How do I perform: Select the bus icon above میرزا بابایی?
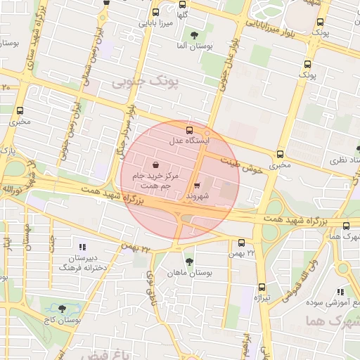(155, 12)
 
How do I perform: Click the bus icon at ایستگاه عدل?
(188, 130)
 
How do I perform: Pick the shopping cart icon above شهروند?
(197, 186)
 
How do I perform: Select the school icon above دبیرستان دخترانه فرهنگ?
(82, 247)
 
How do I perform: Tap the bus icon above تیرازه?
(262, 287)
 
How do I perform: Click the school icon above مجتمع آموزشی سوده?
(340, 292)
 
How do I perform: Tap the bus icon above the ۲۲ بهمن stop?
(241, 243)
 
